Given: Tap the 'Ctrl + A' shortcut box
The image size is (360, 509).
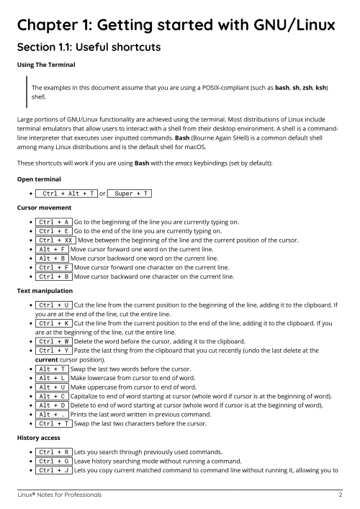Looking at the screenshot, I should (53, 222).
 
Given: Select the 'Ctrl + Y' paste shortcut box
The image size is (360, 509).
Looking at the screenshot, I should (53, 350).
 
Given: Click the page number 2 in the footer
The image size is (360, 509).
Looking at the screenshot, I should (340, 495).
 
